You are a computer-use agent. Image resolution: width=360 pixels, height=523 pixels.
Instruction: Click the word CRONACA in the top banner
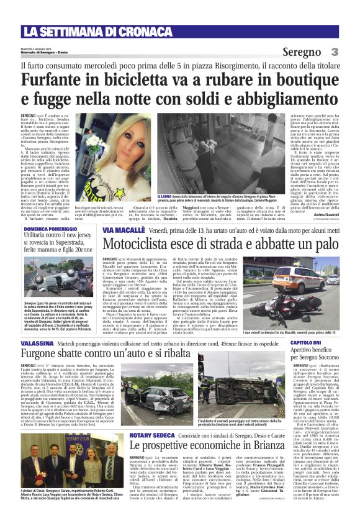[128, 31]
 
